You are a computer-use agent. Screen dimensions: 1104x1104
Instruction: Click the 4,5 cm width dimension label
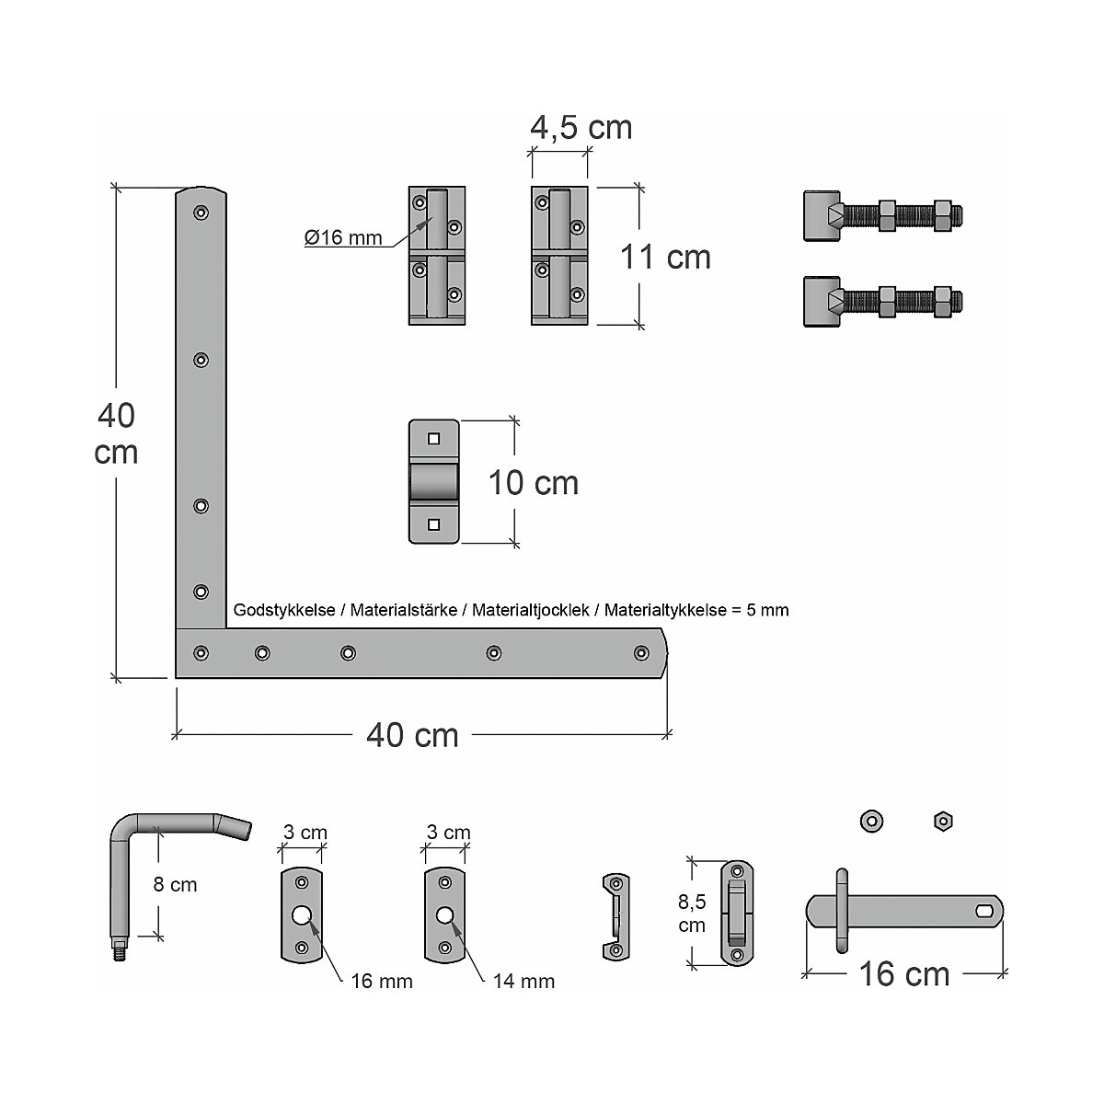(581, 127)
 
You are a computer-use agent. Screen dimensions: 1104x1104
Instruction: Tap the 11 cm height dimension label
(665, 258)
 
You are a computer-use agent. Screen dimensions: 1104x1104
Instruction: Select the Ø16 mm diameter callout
(343, 238)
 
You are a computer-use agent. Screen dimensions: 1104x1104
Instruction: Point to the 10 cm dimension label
(534, 483)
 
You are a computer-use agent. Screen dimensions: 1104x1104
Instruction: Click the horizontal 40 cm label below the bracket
(412, 735)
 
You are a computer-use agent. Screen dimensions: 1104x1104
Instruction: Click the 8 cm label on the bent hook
(175, 885)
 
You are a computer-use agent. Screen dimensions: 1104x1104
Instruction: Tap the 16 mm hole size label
(382, 982)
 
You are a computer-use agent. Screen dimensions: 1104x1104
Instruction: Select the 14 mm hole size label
(523, 982)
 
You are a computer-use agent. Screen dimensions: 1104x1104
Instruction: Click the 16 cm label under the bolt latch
(903, 974)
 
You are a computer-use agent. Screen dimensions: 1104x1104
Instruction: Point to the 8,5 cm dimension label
(691, 911)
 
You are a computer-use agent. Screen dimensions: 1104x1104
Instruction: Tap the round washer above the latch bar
(871, 820)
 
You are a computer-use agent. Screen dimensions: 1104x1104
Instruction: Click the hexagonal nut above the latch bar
(941, 820)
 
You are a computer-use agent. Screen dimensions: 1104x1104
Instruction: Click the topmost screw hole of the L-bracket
(200, 213)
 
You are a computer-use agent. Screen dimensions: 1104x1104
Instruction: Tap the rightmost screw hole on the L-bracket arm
(640, 653)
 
